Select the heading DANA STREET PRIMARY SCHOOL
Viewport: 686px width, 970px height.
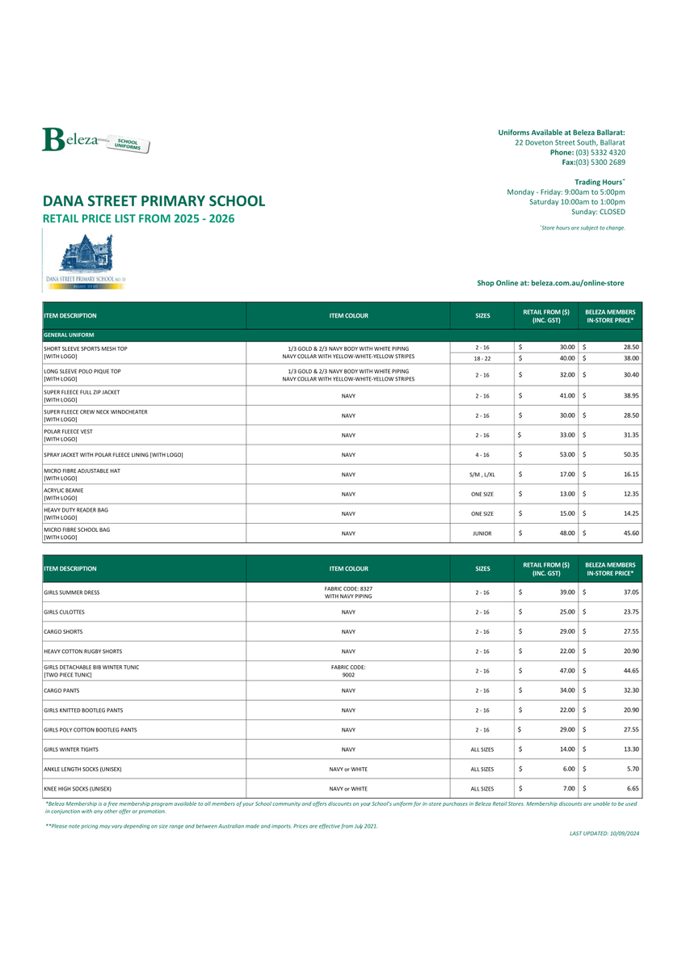point(154,200)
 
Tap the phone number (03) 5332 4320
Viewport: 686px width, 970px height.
point(600,153)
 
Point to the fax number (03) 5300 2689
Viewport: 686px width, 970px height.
point(600,162)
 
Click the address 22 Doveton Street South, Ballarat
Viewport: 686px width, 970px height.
point(570,142)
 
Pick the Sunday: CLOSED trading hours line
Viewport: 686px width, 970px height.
point(598,212)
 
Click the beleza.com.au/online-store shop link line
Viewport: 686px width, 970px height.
point(550,283)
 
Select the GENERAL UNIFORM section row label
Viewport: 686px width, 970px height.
point(69,335)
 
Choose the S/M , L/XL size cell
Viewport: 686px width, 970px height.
point(482,474)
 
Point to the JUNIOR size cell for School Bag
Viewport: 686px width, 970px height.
point(482,533)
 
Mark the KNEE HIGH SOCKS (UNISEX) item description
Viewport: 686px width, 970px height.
point(78,788)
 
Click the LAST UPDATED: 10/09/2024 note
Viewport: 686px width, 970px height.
point(604,833)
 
